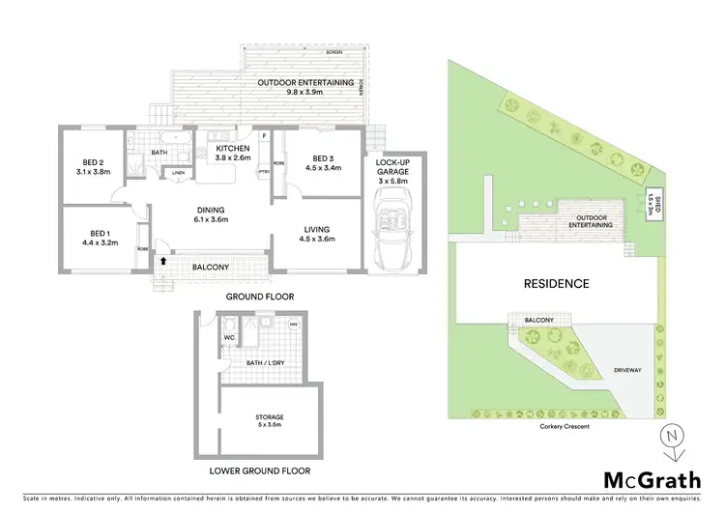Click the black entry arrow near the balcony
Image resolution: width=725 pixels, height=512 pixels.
162,260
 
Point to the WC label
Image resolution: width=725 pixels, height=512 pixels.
230,337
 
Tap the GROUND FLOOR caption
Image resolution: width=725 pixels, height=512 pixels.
259,297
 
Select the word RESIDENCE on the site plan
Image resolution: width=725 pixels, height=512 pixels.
556,284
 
